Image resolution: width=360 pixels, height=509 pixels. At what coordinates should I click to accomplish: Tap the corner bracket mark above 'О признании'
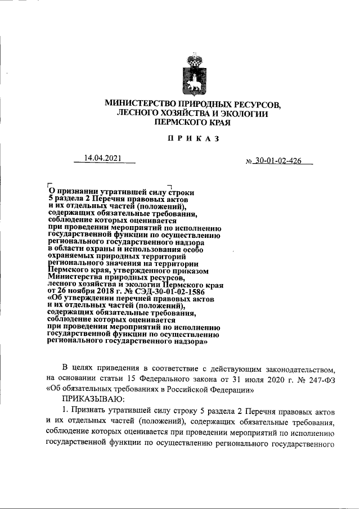pyautogui.click(x=50, y=184)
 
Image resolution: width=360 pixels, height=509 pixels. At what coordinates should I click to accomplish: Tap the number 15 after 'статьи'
pyautogui.click(x=136, y=379)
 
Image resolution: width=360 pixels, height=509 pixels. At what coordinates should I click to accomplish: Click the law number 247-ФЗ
pyautogui.click(x=323, y=379)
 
